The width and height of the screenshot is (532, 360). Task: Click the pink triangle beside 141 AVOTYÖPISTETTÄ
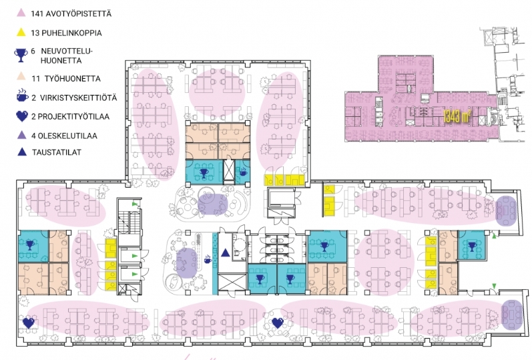(x=21, y=13)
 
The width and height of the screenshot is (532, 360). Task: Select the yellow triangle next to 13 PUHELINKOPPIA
(x=21, y=32)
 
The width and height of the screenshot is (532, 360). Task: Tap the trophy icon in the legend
(x=21, y=55)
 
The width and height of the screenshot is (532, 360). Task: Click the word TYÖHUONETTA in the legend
(x=73, y=79)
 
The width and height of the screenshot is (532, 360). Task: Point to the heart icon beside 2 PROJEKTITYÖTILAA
(x=22, y=116)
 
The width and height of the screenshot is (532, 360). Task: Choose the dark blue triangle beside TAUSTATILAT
(x=22, y=152)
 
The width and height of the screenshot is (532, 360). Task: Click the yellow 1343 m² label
(x=457, y=116)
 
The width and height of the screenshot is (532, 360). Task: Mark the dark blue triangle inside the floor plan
(x=226, y=252)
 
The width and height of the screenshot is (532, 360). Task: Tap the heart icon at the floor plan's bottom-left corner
(x=29, y=323)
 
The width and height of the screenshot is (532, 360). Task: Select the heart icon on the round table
(x=278, y=323)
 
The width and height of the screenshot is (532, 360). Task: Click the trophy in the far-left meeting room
(x=30, y=244)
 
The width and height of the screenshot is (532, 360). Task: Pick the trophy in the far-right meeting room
(x=472, y=246)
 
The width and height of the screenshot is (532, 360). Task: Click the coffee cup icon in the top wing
(x=243, y=172)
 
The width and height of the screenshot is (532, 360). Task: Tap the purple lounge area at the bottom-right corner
(x=512, y=315)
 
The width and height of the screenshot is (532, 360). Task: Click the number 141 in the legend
(x=37, y=13)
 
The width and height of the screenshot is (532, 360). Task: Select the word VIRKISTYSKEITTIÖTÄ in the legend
(x=78, y=98)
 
